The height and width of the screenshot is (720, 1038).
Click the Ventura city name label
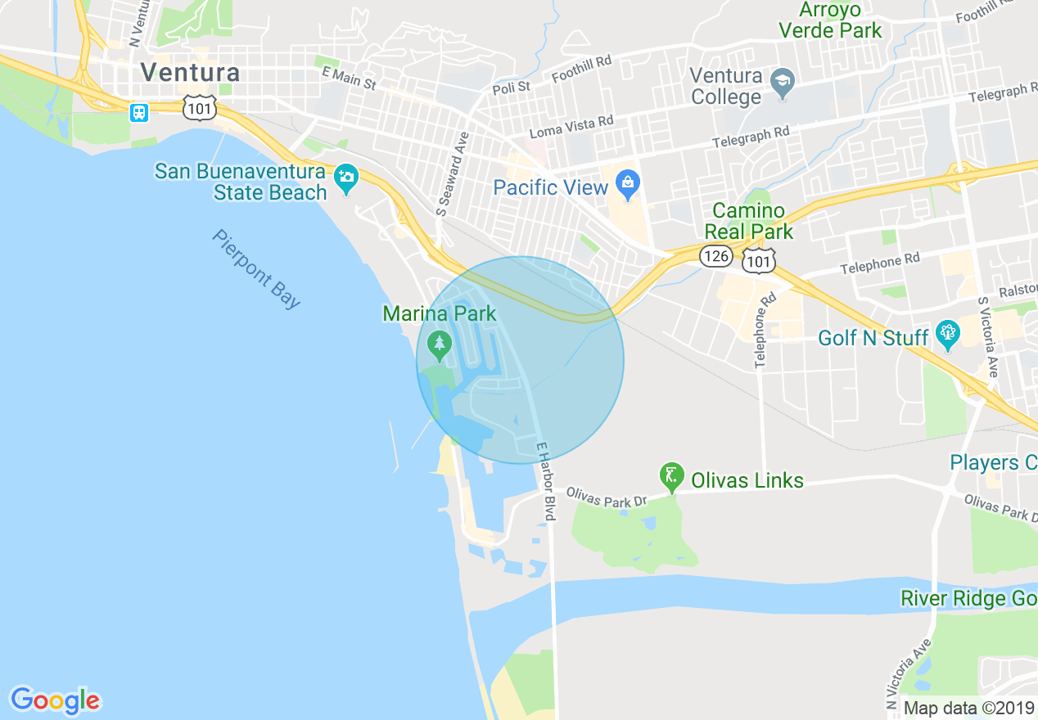pyautogui.click(x=190, y=72)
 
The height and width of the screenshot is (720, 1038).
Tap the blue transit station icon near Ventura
pyautogui.click(x=139, y=112)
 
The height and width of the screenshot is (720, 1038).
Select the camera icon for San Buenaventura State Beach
pyautogui.click(x=346, y=178)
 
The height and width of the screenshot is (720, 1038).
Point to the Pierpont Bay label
pyautogui.click(x=256, y=268)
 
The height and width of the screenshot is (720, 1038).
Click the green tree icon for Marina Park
pyautogui.click(x=440, y=344)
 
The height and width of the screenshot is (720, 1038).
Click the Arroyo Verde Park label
pyautogui.click(x=830, y=20)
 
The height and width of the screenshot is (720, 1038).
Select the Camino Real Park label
pyautogui.click(x=748, y=221)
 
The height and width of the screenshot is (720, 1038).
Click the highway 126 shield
pyautogui.click(x=715, y=257)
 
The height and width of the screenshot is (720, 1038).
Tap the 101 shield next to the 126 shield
pyautogui.click(x=759, y=260)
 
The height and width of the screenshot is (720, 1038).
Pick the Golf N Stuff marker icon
pyautogui.click(x=948, y=335)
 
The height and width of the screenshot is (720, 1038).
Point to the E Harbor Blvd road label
pyautogui.click(x=546, y=481)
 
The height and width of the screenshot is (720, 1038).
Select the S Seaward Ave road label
pyautogui.click(x=452, y=174)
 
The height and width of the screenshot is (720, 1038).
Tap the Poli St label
pyautogui.click(x=512, y=87)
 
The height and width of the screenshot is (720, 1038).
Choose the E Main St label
pyautogui.click(x=349, y=79)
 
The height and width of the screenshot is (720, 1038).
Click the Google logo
pyautogui.click(x=55, y=700)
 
